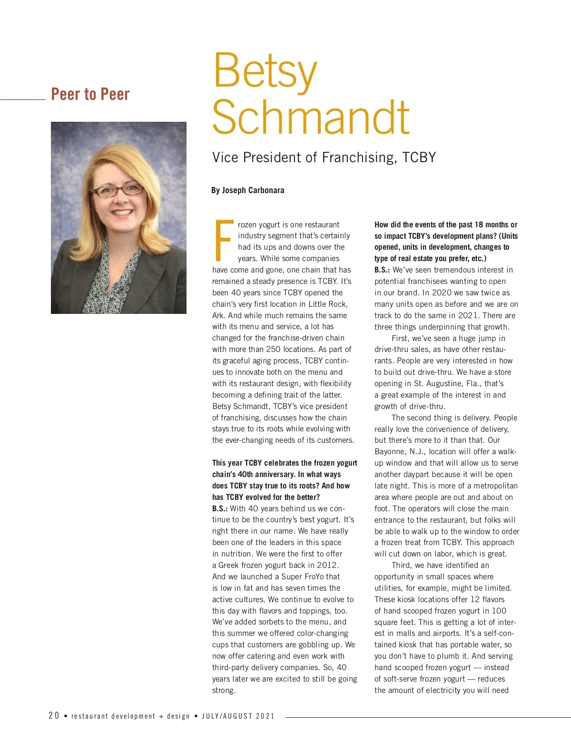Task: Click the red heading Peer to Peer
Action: tap(90, 94)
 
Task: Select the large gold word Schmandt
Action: tap(311, 117)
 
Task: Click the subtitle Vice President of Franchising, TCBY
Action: tap(324, 157)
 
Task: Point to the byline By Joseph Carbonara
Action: tap(247, 190)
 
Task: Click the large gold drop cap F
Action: tap(224, 241)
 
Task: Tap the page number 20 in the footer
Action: tap(54, 716)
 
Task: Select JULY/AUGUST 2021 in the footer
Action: tap(238, 716)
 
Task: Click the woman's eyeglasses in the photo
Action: tap(117, 190)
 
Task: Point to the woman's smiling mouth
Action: tap(122, 212)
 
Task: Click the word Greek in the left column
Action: tap(229, 565)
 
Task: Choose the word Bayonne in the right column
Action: tap(390, 451)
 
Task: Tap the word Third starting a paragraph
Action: tap(401, 565)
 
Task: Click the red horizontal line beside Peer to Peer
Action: tap(22, 99)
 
